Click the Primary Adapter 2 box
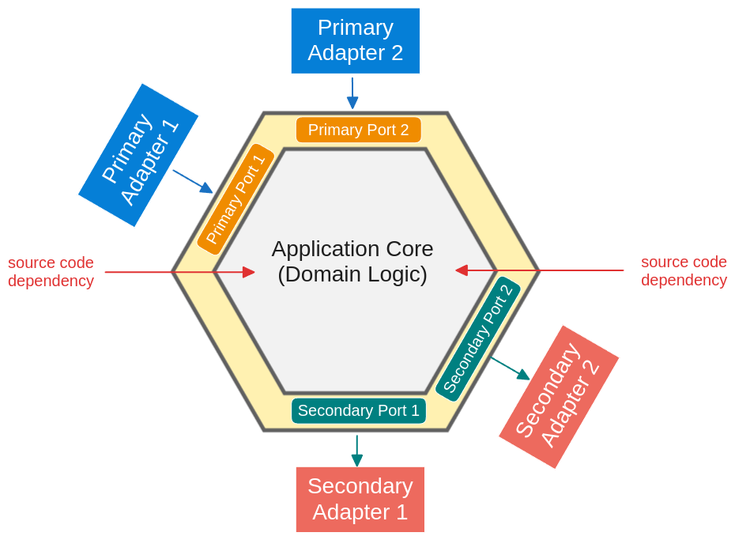point(355,40)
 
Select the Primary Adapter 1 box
point(138,155)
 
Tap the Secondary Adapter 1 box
point(360,499)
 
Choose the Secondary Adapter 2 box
point(559,397)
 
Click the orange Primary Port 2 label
point(358,130)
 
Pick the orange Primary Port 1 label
point(236,199)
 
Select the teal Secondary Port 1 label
point(358,410)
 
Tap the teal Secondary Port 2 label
point(477,338)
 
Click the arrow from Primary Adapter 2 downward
point(352,93)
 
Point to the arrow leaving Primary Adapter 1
point(193,181)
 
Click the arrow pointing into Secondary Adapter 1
point(357,451)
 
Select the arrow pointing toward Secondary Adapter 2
point(510,368)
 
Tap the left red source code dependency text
point(51,271)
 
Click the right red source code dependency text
point(684,270)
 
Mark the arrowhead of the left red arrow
point(249,272)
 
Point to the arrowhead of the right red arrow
point(462,270)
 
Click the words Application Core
point(352,248)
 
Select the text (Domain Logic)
point(352,274)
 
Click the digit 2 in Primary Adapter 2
point(395,53)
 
